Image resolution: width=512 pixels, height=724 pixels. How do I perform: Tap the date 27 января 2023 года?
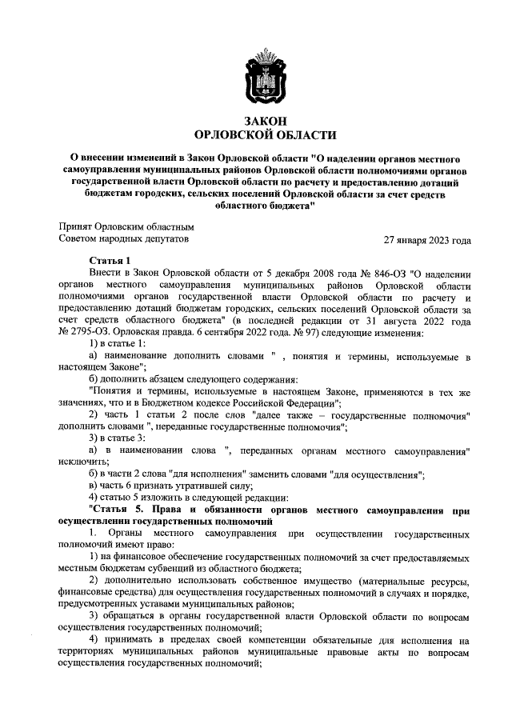pos(427,240)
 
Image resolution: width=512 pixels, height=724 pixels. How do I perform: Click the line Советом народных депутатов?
pos(125,239)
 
